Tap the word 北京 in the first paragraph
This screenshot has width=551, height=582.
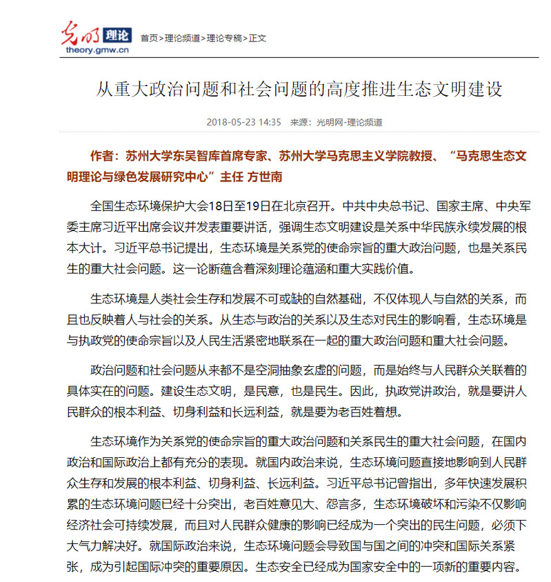coord(296,206)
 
